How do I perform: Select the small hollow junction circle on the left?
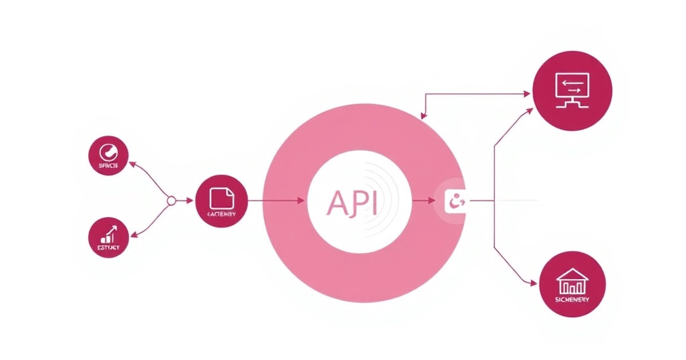click(170, 201)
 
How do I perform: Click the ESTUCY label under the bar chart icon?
click(109, 247)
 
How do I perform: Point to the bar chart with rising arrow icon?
click(109, 233)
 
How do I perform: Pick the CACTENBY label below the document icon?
click(222, 214)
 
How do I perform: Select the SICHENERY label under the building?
click(572, 299)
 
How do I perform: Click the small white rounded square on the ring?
click(456, 201)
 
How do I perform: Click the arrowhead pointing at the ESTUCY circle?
click(133, 235)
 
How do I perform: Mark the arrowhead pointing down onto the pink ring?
click(423, 116)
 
